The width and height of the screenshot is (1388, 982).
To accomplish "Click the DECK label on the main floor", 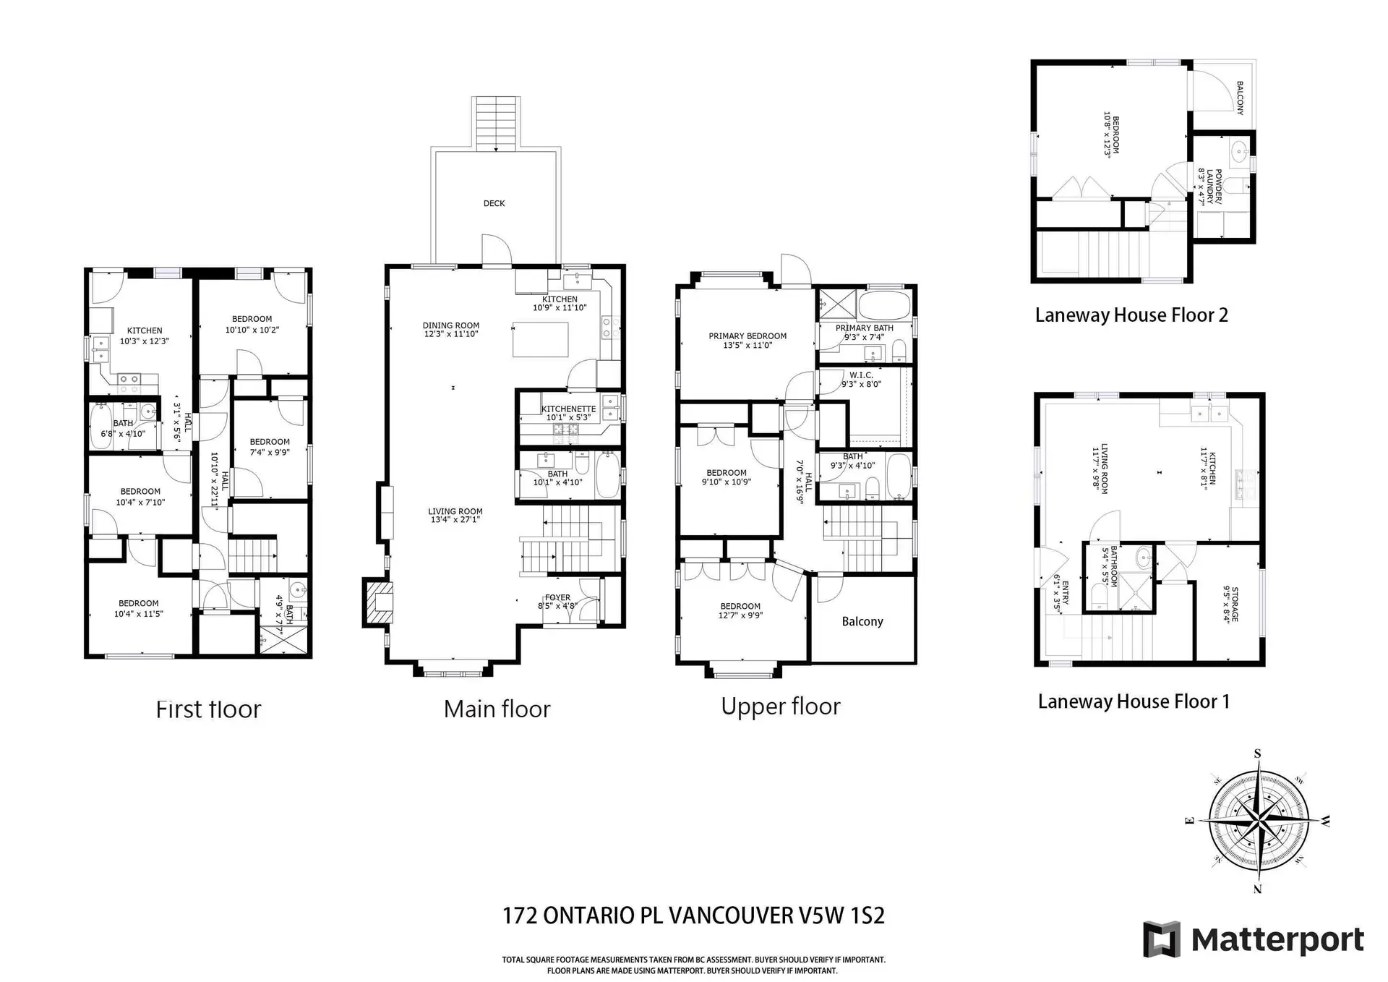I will [x=494, y=203].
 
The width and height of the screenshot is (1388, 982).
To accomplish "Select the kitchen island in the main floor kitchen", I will [x=540, y=340].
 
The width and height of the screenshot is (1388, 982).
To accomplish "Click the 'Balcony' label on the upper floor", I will [x=862, y=621].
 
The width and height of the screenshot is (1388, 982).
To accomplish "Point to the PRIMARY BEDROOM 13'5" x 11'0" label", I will [x=747, y=341].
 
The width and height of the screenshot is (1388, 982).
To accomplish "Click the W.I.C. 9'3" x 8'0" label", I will [x=861, y=380].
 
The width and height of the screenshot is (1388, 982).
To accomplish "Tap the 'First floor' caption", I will [x=208, y=709].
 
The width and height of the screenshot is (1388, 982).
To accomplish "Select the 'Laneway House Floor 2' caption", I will [x=1131, y=315].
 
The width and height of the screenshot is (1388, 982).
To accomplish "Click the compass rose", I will [x=1259, y=821].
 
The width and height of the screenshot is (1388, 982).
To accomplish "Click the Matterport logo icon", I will [x=1161, y=939].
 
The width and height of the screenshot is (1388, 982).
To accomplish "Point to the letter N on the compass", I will [x=1257, y=889].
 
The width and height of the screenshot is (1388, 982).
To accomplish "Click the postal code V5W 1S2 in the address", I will [x=841, y=915].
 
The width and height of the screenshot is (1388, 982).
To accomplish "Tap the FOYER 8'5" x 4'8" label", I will [x=557, y=602].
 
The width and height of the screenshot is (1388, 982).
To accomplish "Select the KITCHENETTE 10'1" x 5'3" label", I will [x=568, y=413].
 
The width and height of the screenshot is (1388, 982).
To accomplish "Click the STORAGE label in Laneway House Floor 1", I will [x=1231, y=605].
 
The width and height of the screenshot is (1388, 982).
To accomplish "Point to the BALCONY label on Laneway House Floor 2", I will [x=1239, y=98].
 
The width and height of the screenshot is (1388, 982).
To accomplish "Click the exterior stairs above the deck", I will [x=497, y=123].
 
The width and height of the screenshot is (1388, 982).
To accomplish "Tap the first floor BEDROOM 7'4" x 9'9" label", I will [x=270, y=446].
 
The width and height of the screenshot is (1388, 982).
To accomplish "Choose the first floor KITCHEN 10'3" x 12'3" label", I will [x=145, y=336].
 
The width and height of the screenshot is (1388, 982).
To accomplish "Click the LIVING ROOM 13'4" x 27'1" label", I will [x=455, y=515].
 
